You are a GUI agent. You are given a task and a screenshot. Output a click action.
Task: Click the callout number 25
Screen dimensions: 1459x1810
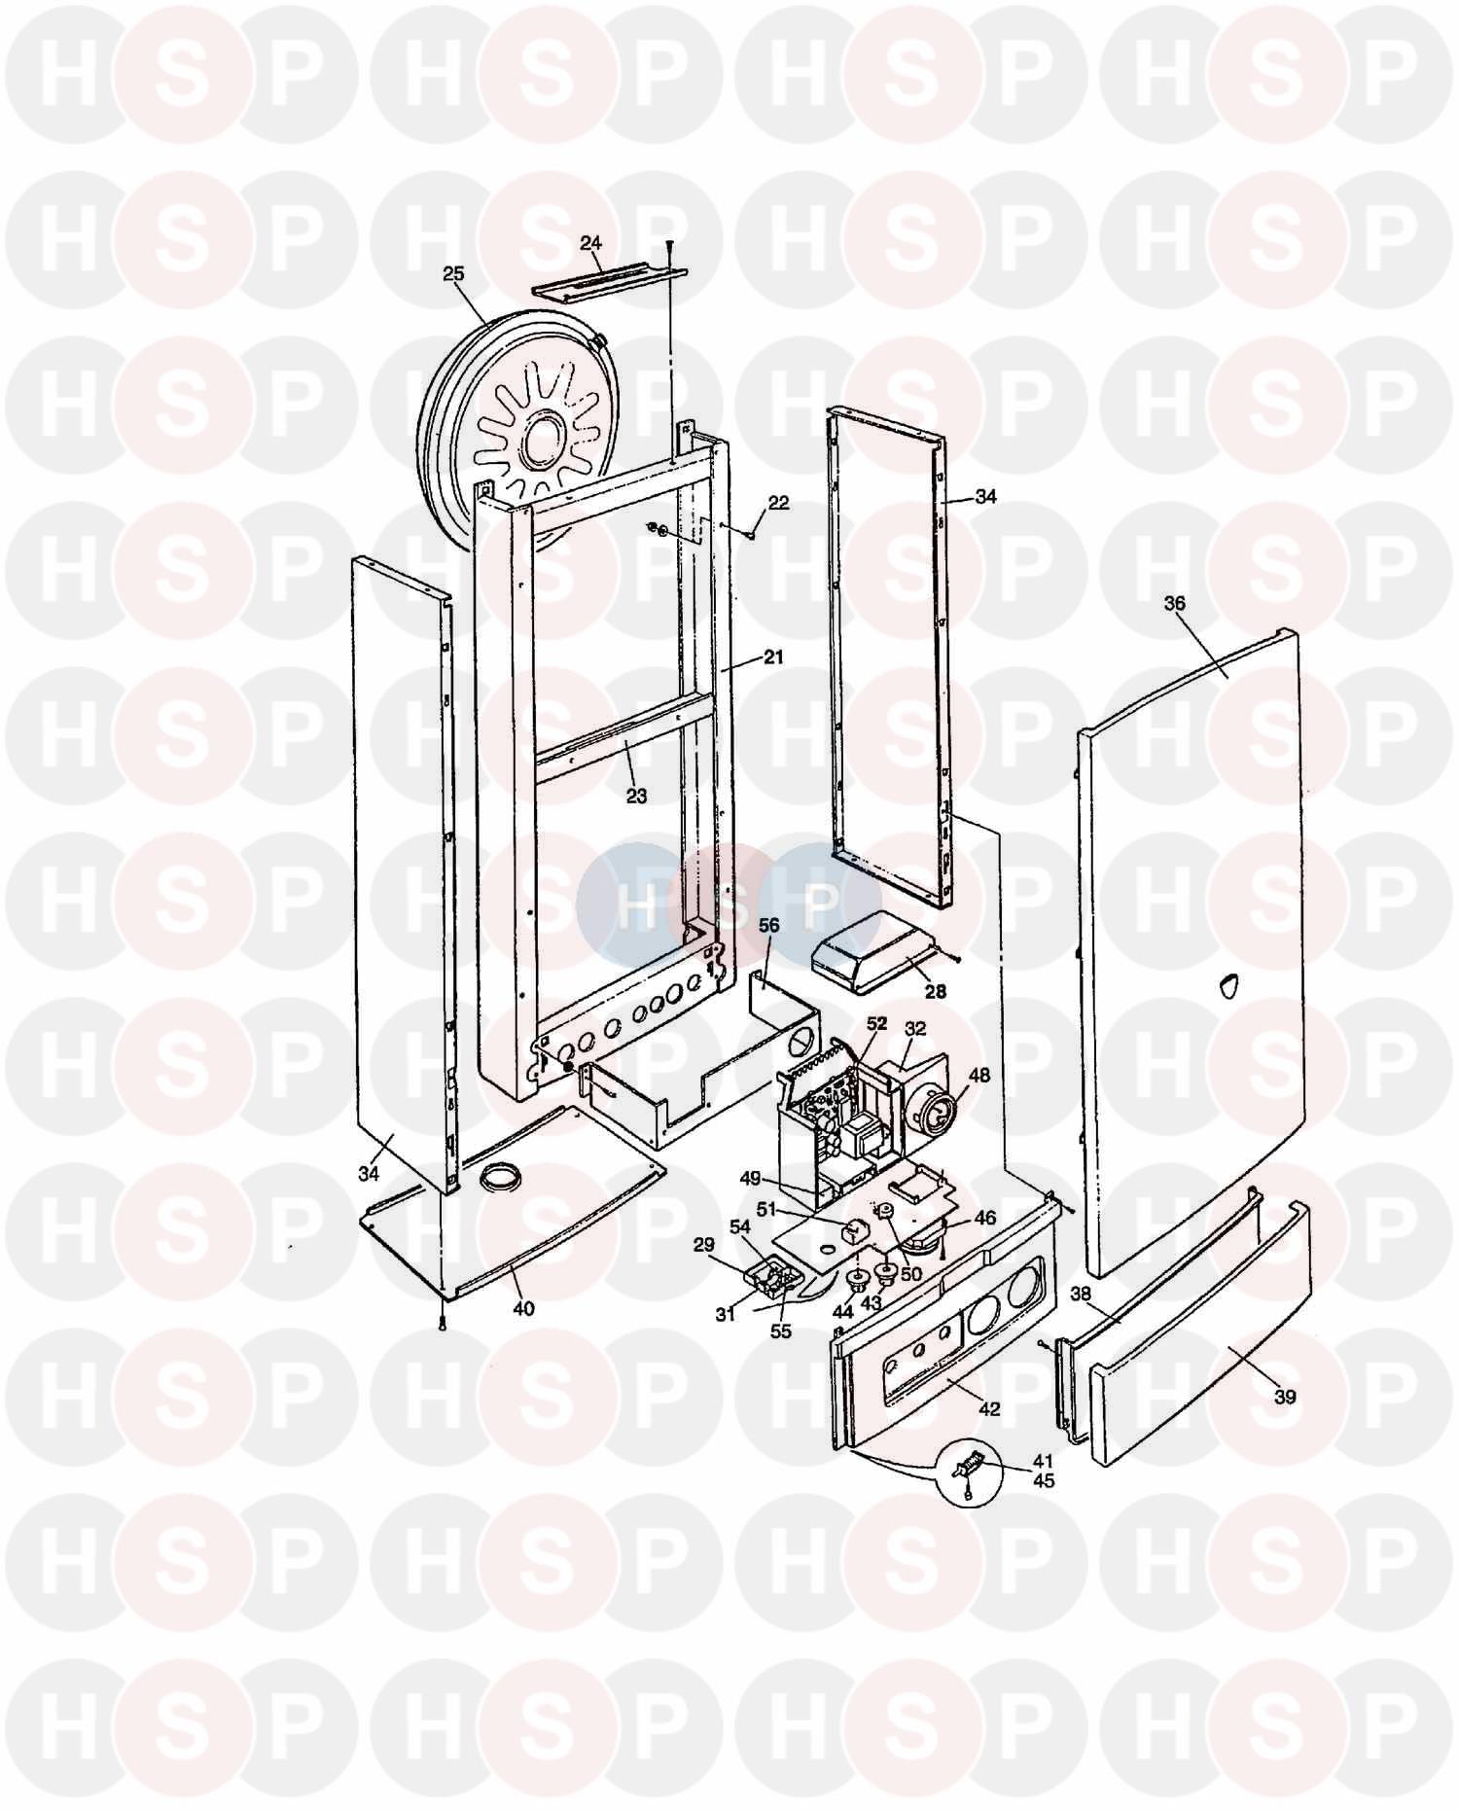coord(453,273)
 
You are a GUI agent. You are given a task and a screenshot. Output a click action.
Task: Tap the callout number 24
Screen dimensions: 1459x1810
coord(590,244)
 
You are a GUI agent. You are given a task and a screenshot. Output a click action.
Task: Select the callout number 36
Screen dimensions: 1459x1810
coord(1174,603)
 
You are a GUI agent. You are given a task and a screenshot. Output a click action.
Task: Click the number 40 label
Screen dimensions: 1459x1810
coord(523,1309)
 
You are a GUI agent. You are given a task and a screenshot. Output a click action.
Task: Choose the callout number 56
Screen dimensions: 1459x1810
coord(768,926)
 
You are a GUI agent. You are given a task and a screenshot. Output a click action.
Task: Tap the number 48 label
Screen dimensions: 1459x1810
coord(979,1077)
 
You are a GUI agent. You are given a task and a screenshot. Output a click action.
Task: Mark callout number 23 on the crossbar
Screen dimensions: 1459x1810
coord(636,797)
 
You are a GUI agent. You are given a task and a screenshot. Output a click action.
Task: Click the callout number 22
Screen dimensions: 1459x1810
coord(778,503)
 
